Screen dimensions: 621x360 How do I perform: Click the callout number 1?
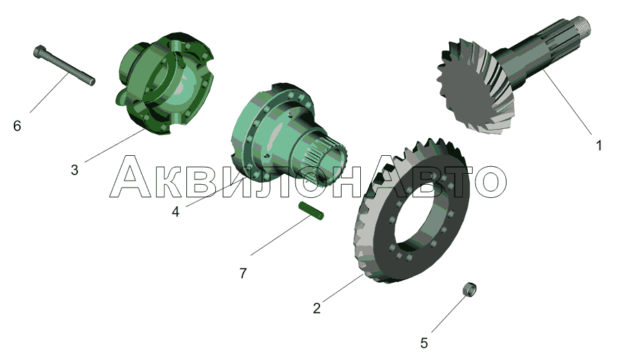(x=599, y=146)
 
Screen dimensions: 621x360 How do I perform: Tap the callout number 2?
(x=317, y=308)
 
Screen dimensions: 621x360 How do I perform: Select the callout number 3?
(x=75, y=170)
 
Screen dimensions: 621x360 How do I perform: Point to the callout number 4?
(x=175, y=212)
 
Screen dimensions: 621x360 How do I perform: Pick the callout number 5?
(x=424, y=343)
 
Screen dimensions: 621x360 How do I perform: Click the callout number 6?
(x=17, y=126)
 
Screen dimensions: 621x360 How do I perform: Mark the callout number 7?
(x=243, y=273)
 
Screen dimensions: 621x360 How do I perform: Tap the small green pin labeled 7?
(x=311, y=211)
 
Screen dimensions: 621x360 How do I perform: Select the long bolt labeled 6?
(x=63, y=66)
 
